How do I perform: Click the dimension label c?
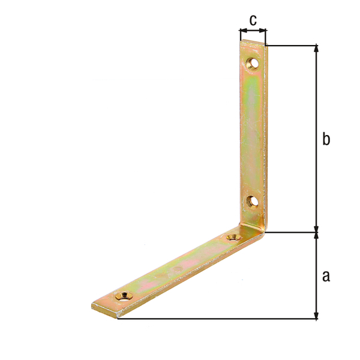[x=253, y=20]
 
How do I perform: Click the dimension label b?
[x=326, y=139]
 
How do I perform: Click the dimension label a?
[x=326, y=276]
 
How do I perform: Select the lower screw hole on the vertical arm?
[x=252, y=202]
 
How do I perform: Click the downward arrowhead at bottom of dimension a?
[x=316, y=315]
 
